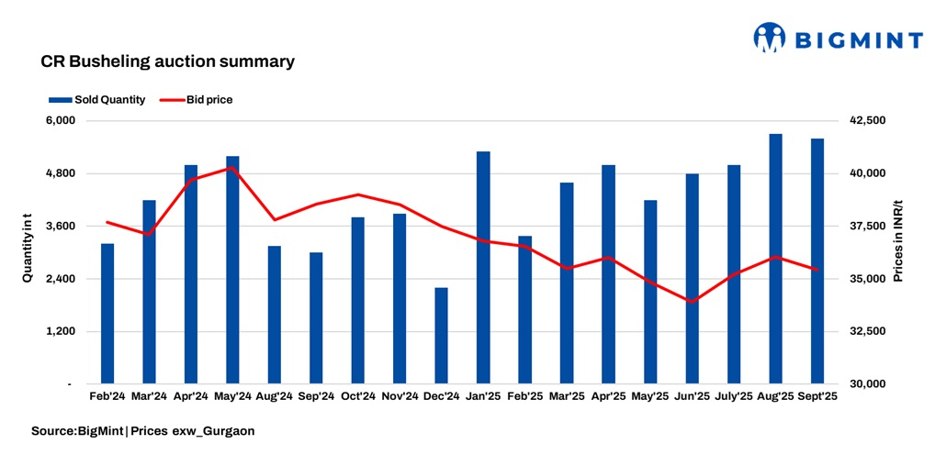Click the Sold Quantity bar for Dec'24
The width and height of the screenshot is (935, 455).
coord(442,336)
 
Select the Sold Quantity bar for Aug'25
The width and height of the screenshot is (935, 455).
coord(776,259)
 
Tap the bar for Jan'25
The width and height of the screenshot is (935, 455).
coord(483,267)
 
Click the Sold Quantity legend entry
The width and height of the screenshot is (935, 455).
coord(96,100)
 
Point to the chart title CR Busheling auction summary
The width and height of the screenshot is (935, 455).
coord(167,62)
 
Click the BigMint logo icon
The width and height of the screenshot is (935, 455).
coord(770,38)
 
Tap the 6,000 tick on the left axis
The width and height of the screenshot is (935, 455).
coord(60,121)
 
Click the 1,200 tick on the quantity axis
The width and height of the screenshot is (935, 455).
coord(60,331)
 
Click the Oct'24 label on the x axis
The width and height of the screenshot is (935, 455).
coord(357,396)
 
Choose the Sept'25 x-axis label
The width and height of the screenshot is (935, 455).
coord(817,396)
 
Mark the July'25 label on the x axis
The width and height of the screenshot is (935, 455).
coord(733,396)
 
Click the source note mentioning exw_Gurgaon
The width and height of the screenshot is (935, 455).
coord(143,430)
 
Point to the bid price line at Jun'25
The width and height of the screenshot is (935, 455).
coord(692,301)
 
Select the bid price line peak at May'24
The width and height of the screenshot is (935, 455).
coord(232,168)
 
